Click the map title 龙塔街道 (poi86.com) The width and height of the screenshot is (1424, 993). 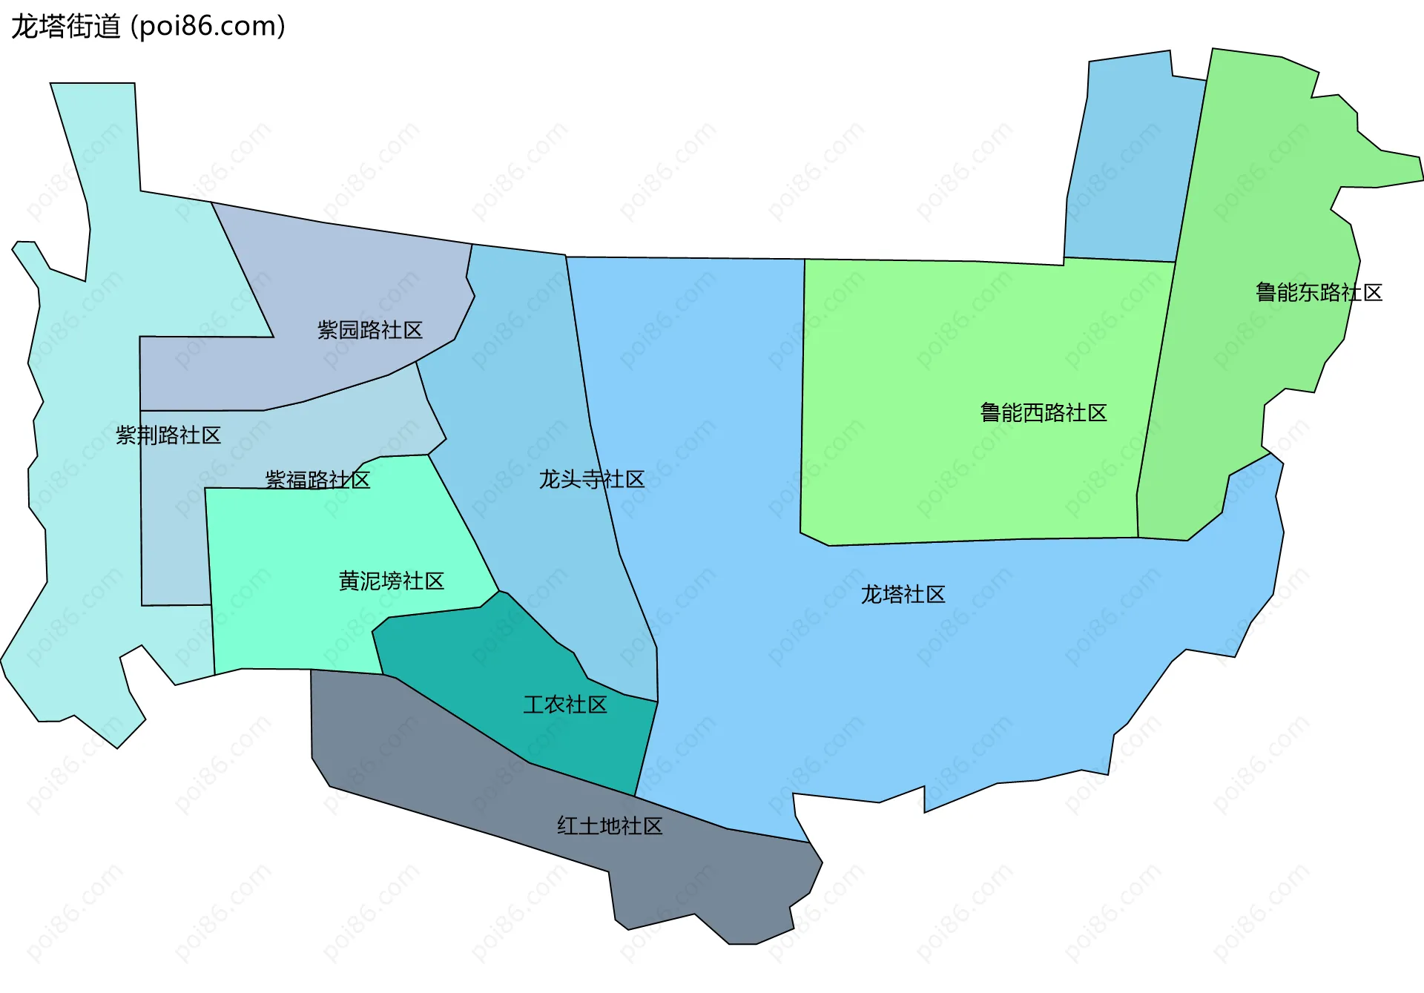click(148, 27)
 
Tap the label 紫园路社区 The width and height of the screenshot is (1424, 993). click(369, 330)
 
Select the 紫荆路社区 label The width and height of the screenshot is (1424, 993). click(168, 435)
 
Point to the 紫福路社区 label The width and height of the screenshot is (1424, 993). click(317, 480)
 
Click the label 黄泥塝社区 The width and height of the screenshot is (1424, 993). click(391, 581)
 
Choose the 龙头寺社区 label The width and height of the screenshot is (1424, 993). click(591, 479)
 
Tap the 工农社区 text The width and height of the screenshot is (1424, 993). click(564, 705)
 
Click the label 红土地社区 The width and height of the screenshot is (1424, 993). click(609, 826)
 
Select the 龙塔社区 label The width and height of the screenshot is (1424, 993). click(903, 595)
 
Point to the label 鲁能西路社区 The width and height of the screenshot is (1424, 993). click(1043, 413)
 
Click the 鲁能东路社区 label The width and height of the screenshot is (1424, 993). click(1318, 293)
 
